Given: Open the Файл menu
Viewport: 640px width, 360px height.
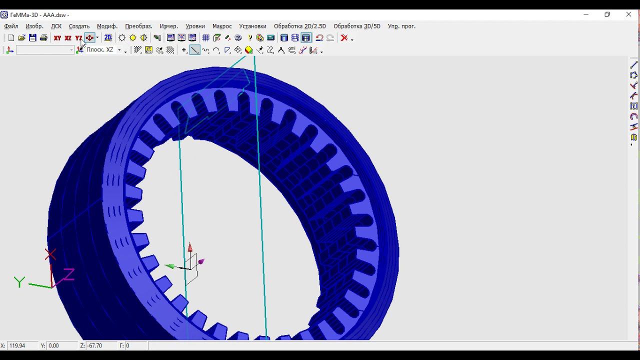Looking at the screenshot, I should coord(11,26).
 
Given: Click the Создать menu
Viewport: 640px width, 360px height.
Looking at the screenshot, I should coord(79,26).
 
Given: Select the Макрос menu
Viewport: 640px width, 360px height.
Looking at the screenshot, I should coord(222,26).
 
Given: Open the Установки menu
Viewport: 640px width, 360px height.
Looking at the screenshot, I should coord(252,26).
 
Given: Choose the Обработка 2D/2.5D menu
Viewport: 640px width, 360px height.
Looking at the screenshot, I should coord(299,26).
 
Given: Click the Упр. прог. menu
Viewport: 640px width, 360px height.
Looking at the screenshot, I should coord(401,26).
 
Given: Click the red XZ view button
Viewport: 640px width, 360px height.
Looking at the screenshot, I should coord(68,38).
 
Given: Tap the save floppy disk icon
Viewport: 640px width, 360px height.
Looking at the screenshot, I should coord(32,38).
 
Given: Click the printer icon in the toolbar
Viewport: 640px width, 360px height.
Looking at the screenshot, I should coord(43,38).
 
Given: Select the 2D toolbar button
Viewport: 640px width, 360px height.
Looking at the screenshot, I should coord(108,38).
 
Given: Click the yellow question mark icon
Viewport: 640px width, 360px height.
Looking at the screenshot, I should coord(249,38).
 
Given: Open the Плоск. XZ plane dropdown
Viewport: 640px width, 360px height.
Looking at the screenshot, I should coord(119,50).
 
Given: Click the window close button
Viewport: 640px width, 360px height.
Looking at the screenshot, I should coord(628,14).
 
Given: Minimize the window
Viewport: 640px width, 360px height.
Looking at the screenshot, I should coord(586,14).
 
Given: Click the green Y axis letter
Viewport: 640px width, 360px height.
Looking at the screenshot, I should coord(19,282).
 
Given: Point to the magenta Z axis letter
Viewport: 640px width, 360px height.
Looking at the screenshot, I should coord(68,274).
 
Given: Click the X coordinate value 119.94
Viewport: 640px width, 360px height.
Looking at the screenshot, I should coord(17,345).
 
